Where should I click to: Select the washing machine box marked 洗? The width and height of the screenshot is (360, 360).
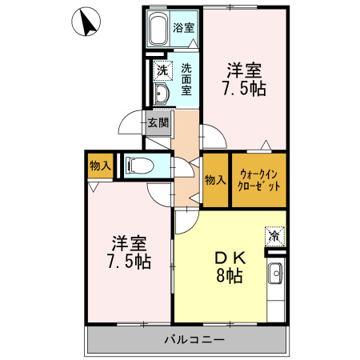click(x=162, y=70)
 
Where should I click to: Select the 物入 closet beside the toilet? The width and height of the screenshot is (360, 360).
click(x=100, y=166)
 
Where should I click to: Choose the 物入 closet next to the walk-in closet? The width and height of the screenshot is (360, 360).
click(x=214, y=180)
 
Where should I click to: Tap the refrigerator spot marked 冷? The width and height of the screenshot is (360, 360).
click(x=274, y=236)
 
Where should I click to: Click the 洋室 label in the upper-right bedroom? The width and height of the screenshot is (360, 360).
click(x=245, y=69)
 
